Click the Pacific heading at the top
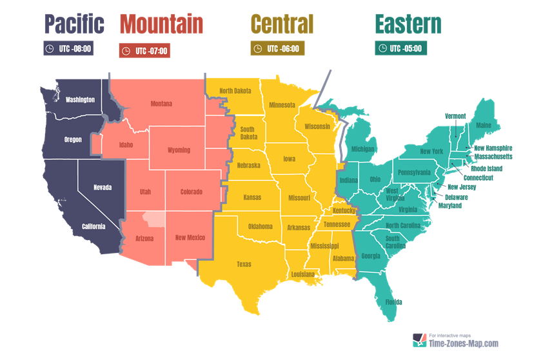pyautogui.click(x=74, y=25)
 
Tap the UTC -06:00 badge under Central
pyautogui.click(x=277, y=48)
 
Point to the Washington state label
pyautogui.click(x=80, y=99)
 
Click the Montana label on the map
pyautogui.click(x=161, y=103)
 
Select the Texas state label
pyautogui.click(x=244, y=264)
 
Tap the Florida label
pyautogui.click(x=393, y=302)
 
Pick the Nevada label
pyautogui.click(x=102, y=187)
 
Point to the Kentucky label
pyautogui.click(x=344, y=211)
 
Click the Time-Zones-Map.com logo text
pyautogui.click(x=463, y=345)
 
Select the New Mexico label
pyautogui.click(x=190, y=237)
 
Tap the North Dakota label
pyautogui.click(x=235, y=91)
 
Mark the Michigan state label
pyautogui.click(x=363, y=149)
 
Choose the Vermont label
pyautogui.click(x=455, y=116)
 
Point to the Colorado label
pyautogui.click(x=191, y=192)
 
